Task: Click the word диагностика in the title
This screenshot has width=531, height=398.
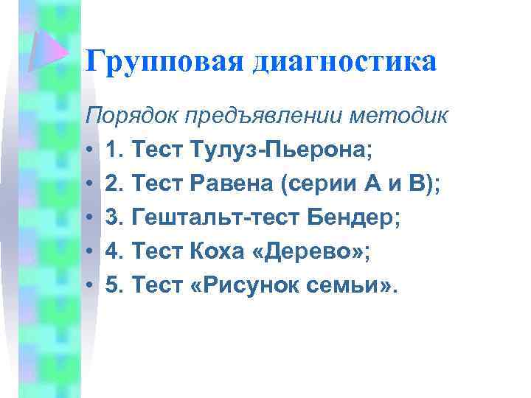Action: coord(345,62)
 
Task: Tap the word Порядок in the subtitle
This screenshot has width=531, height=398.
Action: coord(132,116)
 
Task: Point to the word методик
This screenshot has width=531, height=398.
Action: coord(398,116)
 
